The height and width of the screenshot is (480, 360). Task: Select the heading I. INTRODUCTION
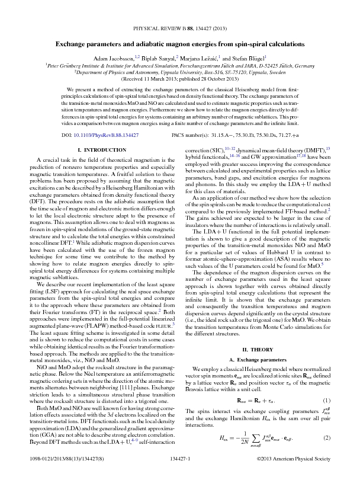pyautogui.click(x=95, y=151)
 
